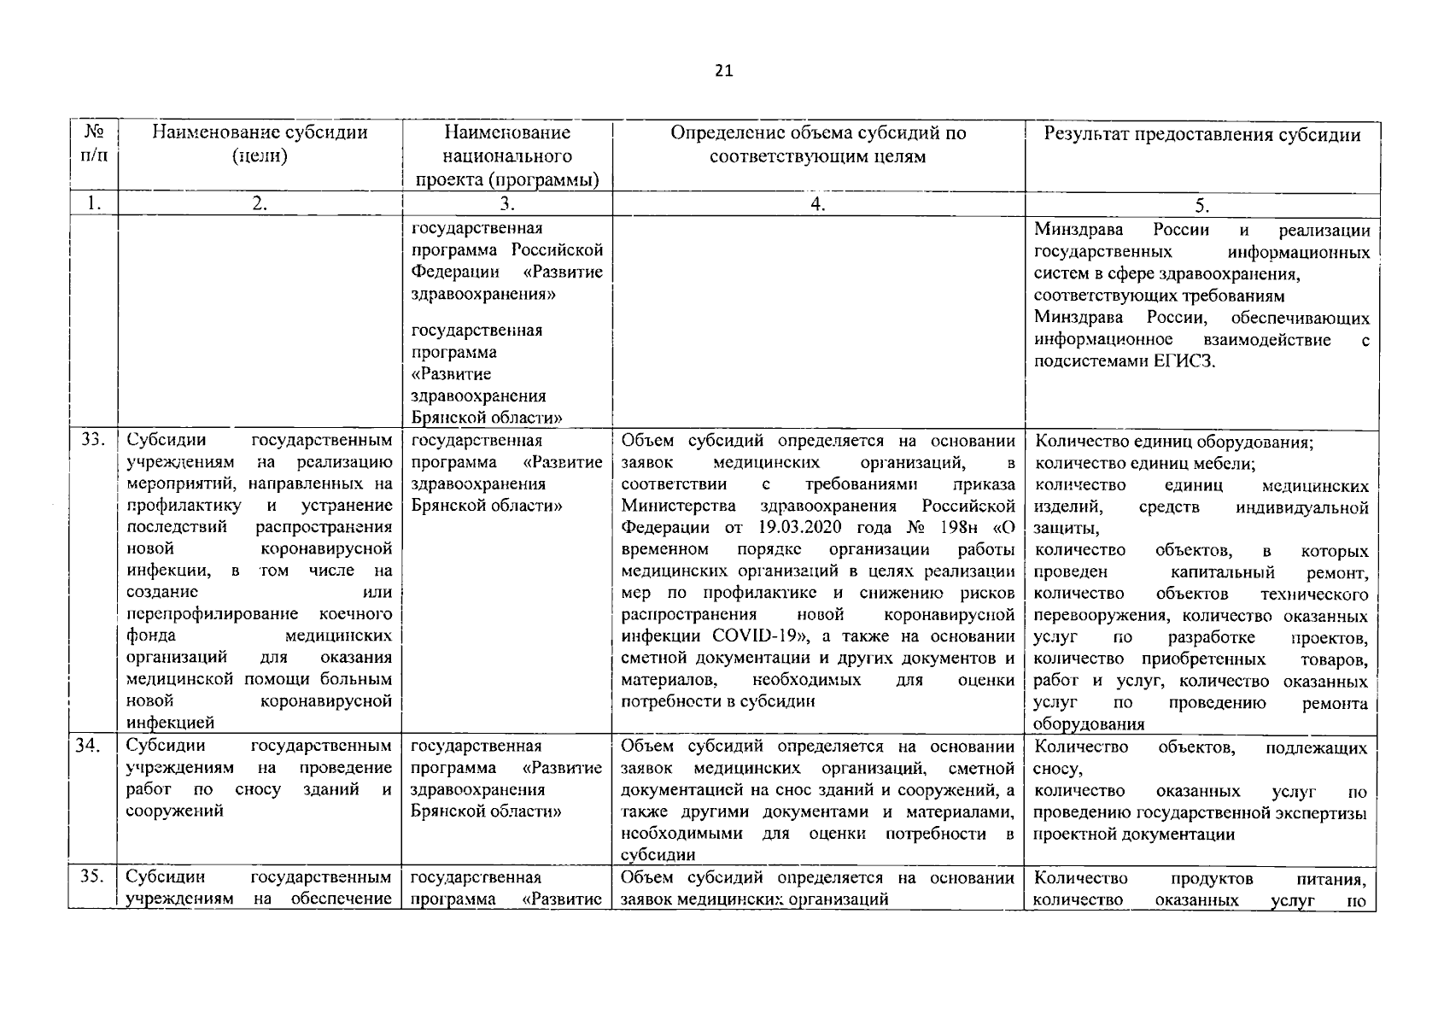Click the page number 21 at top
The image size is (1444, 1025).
pyautogui.click(x=723, y=71)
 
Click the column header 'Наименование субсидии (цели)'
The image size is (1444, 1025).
pyautogui.click(x=260, y=143)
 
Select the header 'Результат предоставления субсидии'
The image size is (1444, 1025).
pyautogui.click(x=1202, y=134)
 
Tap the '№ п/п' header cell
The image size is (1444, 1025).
pyautogui.click(x=94, y=144)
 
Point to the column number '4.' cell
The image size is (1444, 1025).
pyautogui.click(x=818, y=204)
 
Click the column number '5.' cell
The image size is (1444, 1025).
pyautogui.click(x=1202, y=205)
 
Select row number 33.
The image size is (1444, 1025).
pyautogui.click(x=93, y=441)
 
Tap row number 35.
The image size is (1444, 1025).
pyautogui.click(x=93, y=877)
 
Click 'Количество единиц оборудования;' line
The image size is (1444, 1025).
pyautogui.click(x=1174, y=442)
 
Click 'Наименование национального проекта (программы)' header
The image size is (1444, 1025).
pyautogui.click(x=507, y=155)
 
